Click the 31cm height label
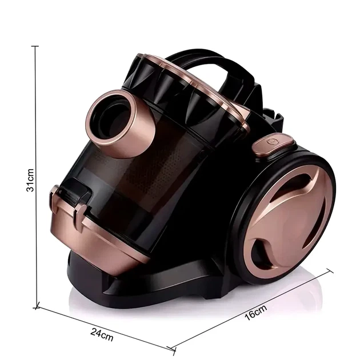tap(30, 180)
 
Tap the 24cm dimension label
tap(102, 335)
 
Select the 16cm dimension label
tap(256, 313)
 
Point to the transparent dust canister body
tap(138, 183)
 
